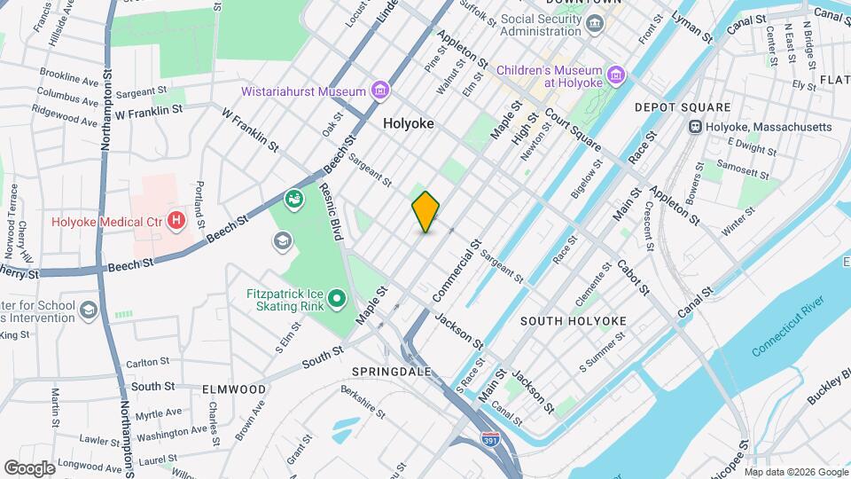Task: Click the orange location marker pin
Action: [425, 211]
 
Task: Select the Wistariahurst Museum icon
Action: [380, 90]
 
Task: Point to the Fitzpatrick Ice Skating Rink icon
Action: [336, 300]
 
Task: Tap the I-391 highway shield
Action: [489, 439]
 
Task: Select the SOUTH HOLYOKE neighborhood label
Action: [573, 321]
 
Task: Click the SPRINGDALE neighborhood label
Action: [390, 371]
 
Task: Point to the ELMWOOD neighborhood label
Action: [234, 389]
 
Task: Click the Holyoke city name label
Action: [409, 124]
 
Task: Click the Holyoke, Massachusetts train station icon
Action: [696, 128]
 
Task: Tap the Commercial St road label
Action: [457, 269]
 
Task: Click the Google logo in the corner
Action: [29, 467]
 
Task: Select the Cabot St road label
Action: [633, 278]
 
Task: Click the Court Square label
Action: [574, 129]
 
